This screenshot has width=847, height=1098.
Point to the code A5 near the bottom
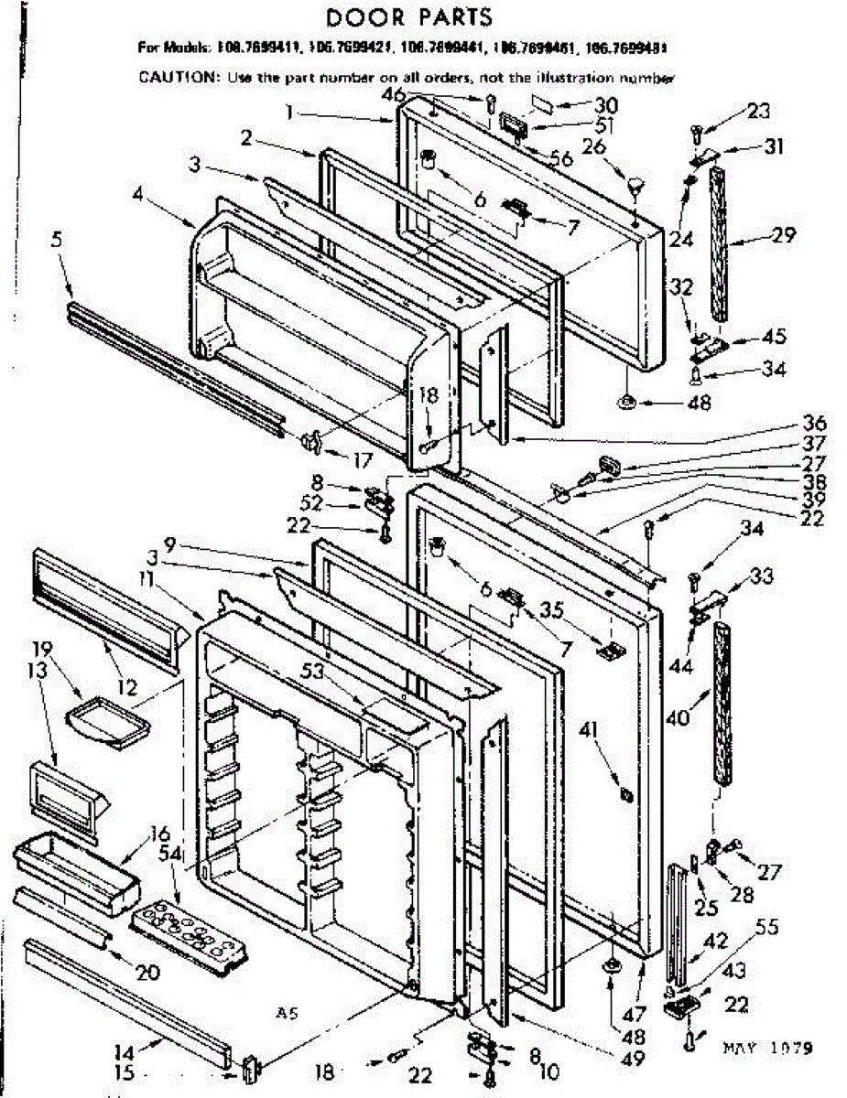click(287, 1013)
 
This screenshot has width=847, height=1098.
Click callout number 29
click(783, 236)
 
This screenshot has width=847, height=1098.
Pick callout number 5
click(57, 243)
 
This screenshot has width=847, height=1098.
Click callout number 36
click(813, 425)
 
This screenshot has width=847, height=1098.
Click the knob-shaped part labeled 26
click(635, 187)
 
